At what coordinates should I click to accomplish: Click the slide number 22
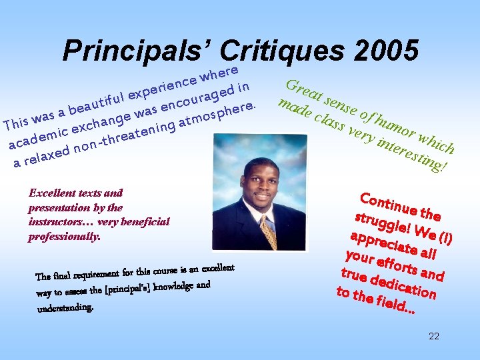433,336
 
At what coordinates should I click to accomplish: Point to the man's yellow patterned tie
269,231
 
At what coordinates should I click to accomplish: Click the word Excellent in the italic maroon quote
52,193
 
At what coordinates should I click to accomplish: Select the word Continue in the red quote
381,203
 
